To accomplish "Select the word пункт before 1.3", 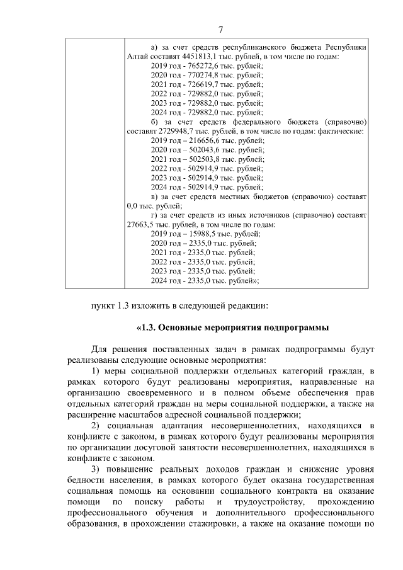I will click(x=103, y=306).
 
